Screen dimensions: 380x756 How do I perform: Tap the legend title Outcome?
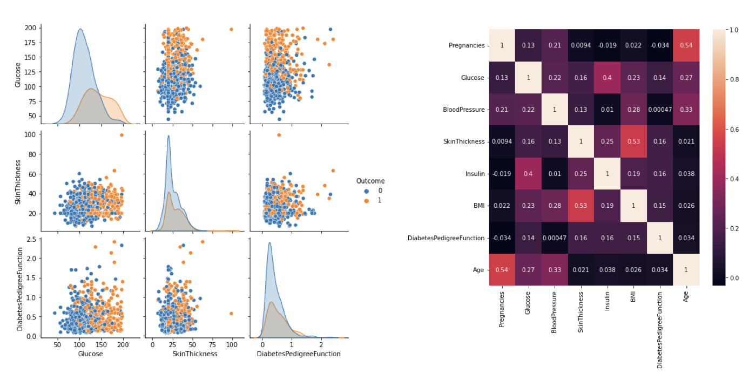[x=370, y=181]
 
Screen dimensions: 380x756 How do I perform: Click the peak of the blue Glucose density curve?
[x=80, y=29]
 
